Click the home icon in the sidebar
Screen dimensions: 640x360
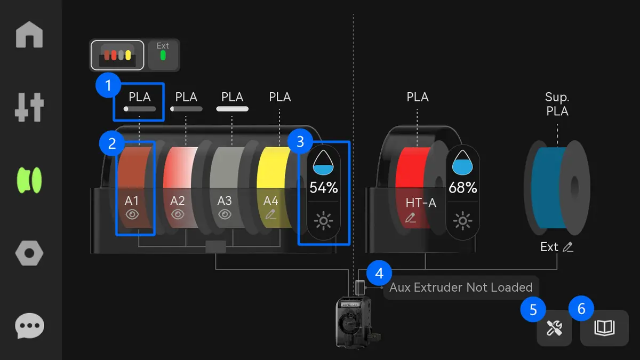[x=29, y=35]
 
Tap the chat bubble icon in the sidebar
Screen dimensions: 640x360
[x=29, y=326]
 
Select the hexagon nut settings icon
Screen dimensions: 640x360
[x=29, y=253]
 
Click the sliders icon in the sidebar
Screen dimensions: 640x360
[x=29, y=107]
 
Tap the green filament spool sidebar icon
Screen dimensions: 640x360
[x=29, y=180]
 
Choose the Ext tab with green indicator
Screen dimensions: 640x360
[x=163, y=54]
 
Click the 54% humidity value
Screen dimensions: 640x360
[x=324, y=188]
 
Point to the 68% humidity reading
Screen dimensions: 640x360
[x=463, y=188]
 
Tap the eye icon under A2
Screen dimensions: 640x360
[x=178, y=214]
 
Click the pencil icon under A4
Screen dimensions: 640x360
[x=270, y=214]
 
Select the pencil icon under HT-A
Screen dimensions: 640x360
[x=410, y=218]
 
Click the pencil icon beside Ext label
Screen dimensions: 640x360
[x=568, y=247]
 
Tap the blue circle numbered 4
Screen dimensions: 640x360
[x=379, y=273]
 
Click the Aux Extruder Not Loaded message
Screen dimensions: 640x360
[x=461, y=287]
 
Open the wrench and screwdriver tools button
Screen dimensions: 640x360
[x=554, y=327]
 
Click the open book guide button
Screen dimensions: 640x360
[x=605, y=327]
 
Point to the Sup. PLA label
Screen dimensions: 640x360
[x=557, y=104]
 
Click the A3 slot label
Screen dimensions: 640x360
[x=225, y=201]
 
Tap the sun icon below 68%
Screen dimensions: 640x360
[x=462, y=221]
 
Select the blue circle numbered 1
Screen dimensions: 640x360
[x=108, y=85]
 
